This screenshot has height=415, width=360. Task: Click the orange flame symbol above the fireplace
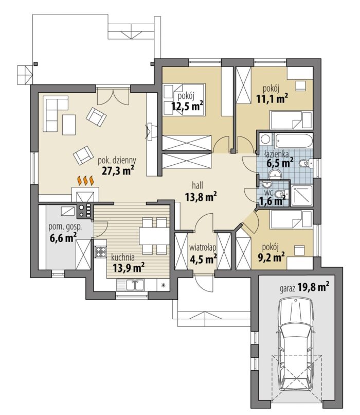[x=85, y=181]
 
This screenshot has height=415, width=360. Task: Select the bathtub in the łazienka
[x=293, y=141]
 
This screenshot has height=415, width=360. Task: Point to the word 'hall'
[x=197, y=185]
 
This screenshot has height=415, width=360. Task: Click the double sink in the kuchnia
[x=135, y=285]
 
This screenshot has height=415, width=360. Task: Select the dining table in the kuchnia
[x=154, y=236]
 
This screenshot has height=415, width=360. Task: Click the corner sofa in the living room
[x=56, y=114]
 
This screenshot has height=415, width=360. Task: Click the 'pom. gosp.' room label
[x=65, y=227]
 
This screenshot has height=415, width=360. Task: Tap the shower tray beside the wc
[x=302, y=196]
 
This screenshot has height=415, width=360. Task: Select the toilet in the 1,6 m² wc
[x=280, y=194]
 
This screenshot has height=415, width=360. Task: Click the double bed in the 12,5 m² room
[x=184, y=99]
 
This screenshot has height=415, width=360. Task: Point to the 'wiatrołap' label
[x=203, y=248]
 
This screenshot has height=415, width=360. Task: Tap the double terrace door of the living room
[x=113, y=97]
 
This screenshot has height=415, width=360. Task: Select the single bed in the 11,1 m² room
[x=291, y=120]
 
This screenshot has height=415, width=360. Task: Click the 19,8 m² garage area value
[x=314, y=287]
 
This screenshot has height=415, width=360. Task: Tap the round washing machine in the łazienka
[x=265, y=139]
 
